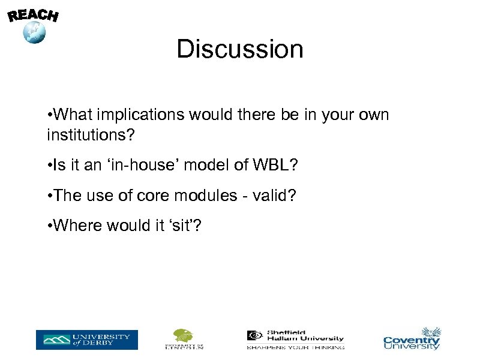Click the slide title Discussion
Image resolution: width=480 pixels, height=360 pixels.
[x=240, y=49]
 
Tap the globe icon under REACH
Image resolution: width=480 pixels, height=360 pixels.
[x=34, y=32]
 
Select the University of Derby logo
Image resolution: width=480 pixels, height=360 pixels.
[x=86, y=340]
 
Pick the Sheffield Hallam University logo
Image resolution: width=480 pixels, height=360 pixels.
[x=295, y=339]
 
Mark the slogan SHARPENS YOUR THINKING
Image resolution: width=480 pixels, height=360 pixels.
[x=295, y=347]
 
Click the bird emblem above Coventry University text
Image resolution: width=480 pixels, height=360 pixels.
[x=431, y=332]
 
